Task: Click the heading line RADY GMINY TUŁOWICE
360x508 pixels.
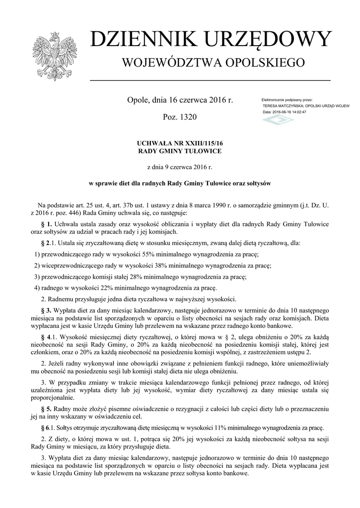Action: (180, 151)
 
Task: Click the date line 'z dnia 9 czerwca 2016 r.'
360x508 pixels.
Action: (180, 167)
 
